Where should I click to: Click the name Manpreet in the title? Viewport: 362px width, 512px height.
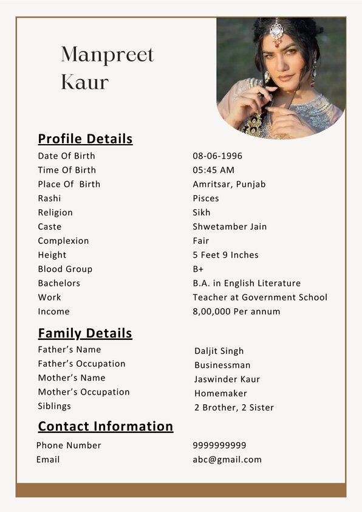click(108, 55)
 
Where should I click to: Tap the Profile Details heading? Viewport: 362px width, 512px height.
click(85, 139)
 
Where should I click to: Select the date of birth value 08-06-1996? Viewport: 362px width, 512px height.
click(217, 156)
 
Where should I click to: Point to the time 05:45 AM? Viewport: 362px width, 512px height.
click(213, 170)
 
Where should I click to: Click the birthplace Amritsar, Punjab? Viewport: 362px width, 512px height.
click(229, 184)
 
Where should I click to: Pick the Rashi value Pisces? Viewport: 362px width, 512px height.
click(206, 198)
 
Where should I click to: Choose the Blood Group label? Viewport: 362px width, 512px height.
click(65, 269)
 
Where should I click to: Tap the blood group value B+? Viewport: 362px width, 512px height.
click(199, 269)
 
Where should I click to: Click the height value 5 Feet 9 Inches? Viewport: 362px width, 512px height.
click(225, 255)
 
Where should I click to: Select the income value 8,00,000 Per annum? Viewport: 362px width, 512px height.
click(236, 311)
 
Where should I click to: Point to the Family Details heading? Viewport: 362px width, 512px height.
click(85, 333)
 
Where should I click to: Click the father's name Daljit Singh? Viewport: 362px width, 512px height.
click(219, 351)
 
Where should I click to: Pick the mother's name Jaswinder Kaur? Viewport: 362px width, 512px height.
click(227, 379)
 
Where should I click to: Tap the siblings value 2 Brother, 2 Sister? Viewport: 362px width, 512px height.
click(234, 407)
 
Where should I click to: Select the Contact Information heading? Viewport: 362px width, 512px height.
click(106, 426)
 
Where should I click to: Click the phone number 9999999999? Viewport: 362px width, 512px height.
click(219, 445)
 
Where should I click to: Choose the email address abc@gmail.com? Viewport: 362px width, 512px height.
click(227, 459)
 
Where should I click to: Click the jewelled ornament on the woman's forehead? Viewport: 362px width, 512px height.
click(276, 30)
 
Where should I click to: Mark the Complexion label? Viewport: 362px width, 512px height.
click(63, 241)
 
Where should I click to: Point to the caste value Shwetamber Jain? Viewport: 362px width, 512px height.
click(230, 227)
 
